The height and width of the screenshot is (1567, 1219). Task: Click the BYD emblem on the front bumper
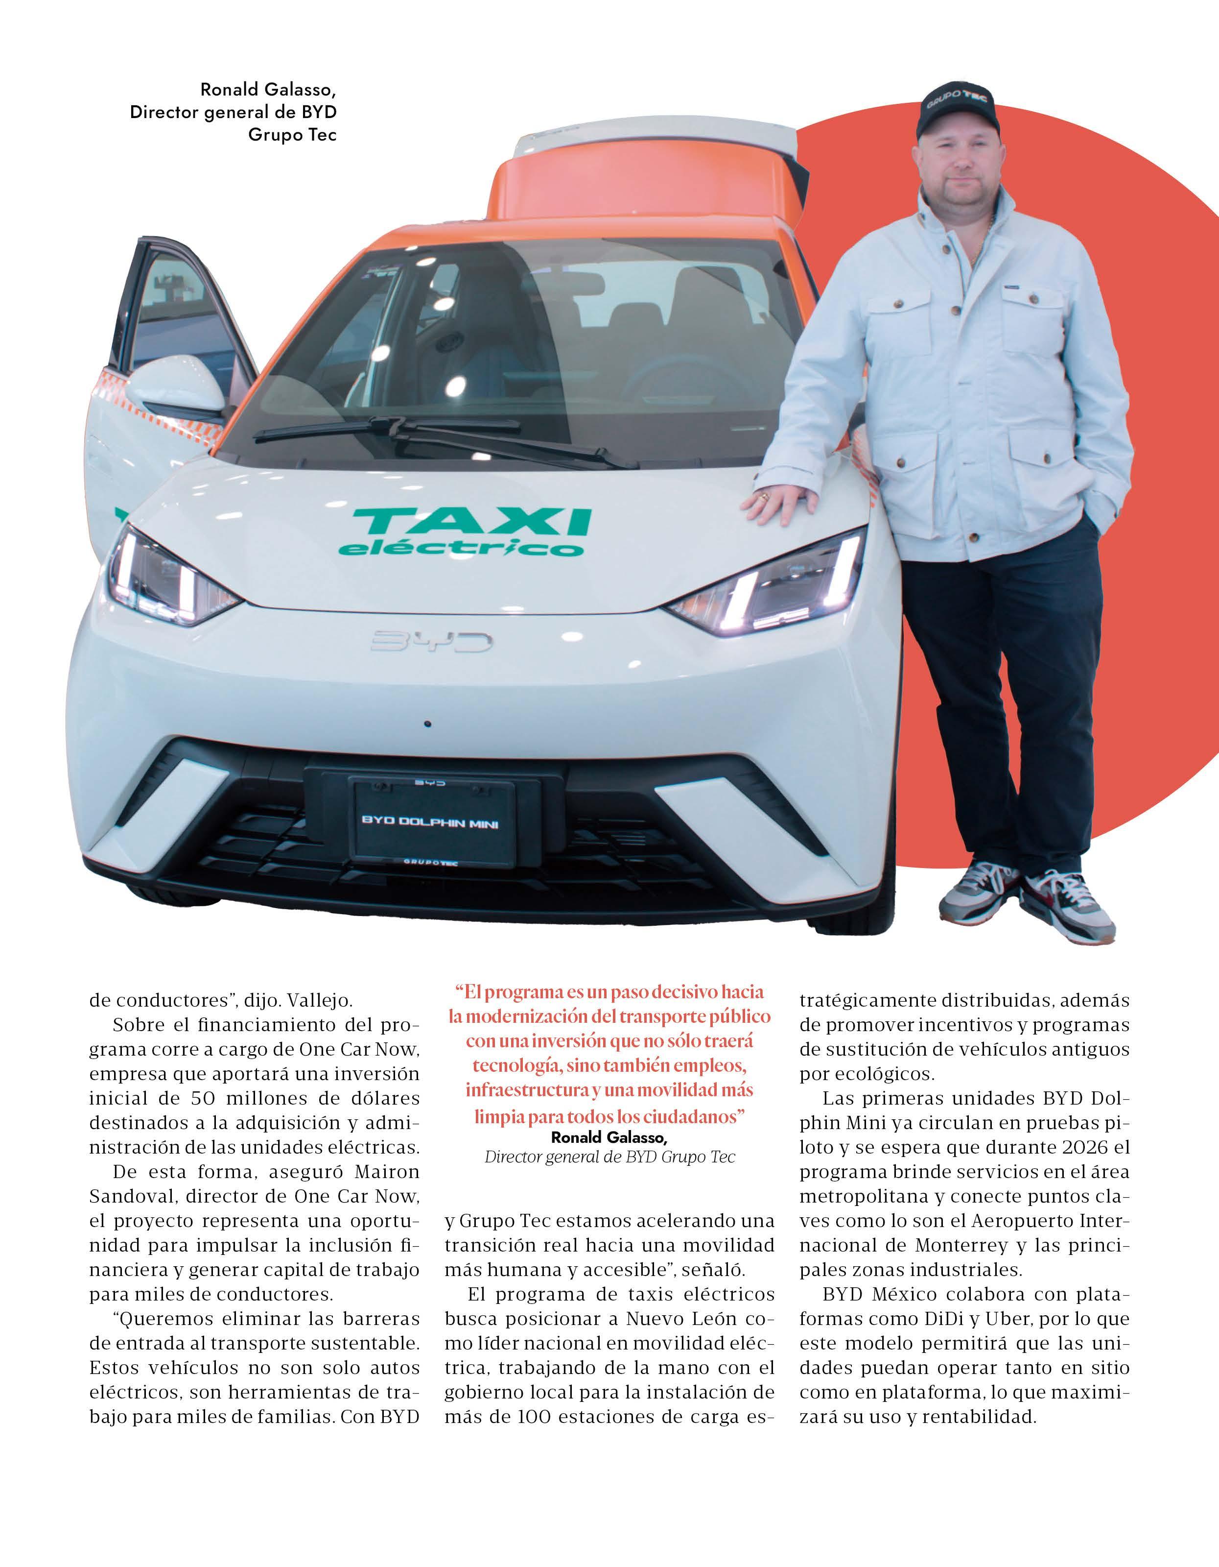pos(431,641)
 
